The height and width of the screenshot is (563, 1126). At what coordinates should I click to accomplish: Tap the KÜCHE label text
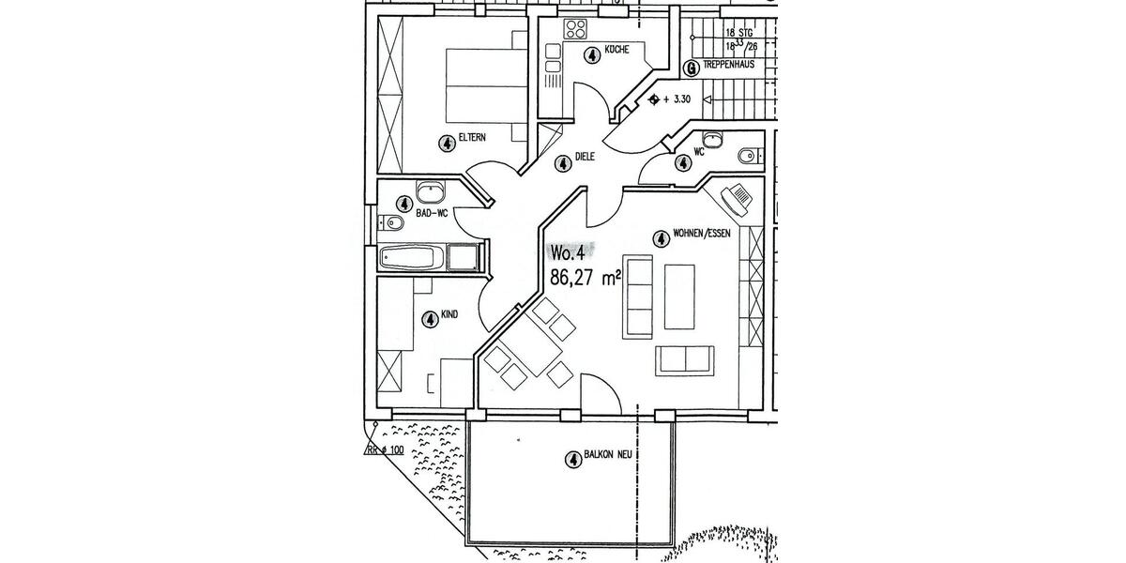coord(616,49)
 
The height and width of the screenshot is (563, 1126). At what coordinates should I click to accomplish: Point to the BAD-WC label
coord(431,215)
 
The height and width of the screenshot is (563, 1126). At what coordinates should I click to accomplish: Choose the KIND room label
coord(449,314)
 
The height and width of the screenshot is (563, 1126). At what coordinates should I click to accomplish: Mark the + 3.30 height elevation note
coord(677,99)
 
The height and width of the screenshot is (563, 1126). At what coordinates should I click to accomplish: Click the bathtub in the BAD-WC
coord(413,257)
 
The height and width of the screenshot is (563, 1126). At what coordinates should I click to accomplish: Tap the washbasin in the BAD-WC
coord(431,191)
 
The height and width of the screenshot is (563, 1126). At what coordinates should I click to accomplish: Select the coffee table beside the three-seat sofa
coord(679,297)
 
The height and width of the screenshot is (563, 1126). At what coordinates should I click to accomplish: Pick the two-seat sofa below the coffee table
coord(685,359)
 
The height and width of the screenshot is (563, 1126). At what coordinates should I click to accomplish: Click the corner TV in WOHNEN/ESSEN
coord(737,201)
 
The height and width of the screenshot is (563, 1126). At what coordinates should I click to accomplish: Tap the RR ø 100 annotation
coord(385,450)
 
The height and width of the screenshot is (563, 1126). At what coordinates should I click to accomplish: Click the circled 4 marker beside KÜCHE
coord(591,55)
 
